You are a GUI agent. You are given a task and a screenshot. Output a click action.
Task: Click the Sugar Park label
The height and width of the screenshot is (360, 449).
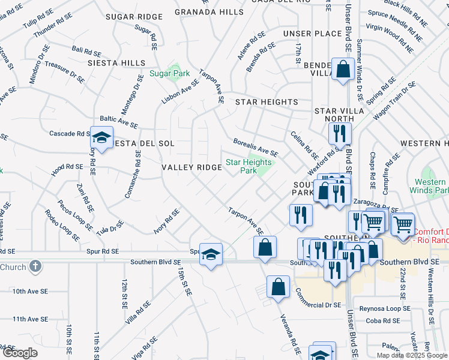170,74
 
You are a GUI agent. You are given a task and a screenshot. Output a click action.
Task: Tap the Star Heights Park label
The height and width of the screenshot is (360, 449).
249,166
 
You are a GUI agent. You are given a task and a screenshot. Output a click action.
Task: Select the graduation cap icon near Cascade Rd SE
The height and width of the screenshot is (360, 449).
101,139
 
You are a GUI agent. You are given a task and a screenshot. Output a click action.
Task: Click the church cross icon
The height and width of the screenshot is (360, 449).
35,266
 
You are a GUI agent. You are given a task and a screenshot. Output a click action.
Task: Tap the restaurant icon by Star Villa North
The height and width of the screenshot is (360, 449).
340,133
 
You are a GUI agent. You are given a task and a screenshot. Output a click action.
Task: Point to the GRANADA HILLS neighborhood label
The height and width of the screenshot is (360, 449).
201,12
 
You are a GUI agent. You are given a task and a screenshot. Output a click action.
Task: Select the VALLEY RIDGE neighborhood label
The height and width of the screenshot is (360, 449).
192,167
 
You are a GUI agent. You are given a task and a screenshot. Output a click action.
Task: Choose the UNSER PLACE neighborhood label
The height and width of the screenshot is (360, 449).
312,33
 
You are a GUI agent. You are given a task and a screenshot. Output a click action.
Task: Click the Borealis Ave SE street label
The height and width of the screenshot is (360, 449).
256,148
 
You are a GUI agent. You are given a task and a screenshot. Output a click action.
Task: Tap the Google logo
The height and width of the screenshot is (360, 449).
20,353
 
